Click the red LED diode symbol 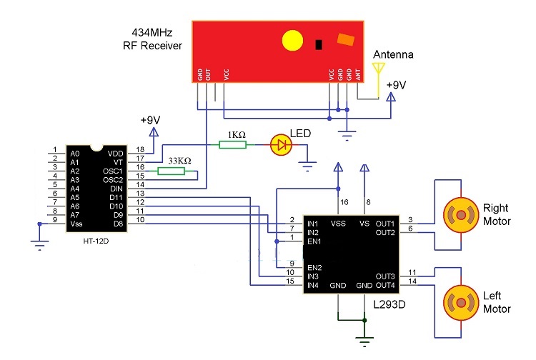tap(281, 145)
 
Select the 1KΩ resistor tap(233, 145)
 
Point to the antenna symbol tap(379, 70)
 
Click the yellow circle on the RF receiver tap(293, 41)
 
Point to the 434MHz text tap(154, 33)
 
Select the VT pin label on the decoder tap(119, 162)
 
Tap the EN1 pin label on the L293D tap(315, 241)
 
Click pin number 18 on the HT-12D tap(140, 149)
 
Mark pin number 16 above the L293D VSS tap(345, 203)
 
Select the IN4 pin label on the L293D tap(313, 286)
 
